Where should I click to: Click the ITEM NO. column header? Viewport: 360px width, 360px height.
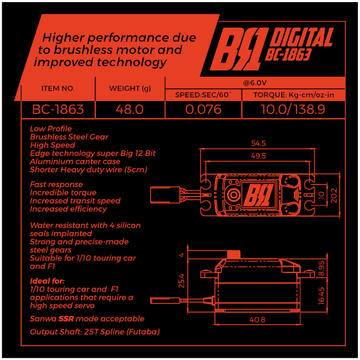58,88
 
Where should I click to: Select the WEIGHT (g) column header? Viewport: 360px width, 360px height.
130,88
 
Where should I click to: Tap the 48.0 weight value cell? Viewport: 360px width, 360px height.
129,110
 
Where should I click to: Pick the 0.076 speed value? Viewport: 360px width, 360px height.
203,110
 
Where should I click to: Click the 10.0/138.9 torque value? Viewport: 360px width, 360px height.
293,110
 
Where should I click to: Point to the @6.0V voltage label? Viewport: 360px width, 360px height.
255,83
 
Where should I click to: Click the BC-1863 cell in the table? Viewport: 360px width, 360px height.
58,110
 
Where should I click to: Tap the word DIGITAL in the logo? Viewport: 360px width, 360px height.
302,37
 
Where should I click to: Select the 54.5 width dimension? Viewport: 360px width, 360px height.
258,143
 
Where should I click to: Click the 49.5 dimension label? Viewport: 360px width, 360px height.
258,156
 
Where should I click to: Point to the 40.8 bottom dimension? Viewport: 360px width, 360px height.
258,319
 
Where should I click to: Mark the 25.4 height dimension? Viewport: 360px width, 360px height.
181,281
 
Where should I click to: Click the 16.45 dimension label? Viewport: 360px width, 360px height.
321,296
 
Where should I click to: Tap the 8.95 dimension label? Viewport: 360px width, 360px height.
321,268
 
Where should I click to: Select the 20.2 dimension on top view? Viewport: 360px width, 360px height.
334,196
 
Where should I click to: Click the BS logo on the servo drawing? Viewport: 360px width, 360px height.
259,195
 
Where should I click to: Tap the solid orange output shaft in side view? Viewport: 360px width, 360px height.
234,254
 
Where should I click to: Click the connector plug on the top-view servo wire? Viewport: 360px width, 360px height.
165,195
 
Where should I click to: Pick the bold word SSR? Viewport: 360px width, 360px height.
66,319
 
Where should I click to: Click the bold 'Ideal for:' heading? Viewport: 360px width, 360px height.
47,281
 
